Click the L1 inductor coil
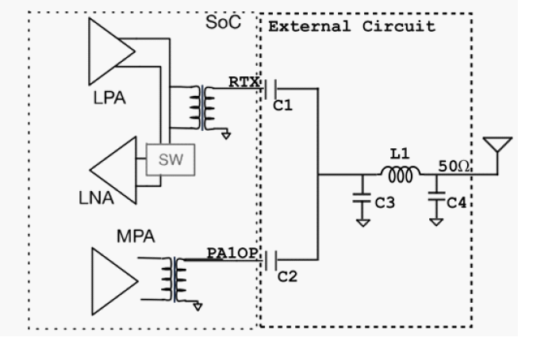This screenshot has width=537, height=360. pos(398,174)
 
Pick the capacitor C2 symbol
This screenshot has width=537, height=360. pos(274,259)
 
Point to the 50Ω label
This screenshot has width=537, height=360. pos(456,166)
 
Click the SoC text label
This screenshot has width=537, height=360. pos(224,21)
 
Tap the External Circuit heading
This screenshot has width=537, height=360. pos(351,26)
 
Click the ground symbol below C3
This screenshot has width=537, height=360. pos(362,223)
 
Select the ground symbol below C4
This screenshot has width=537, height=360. pos(435,223)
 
